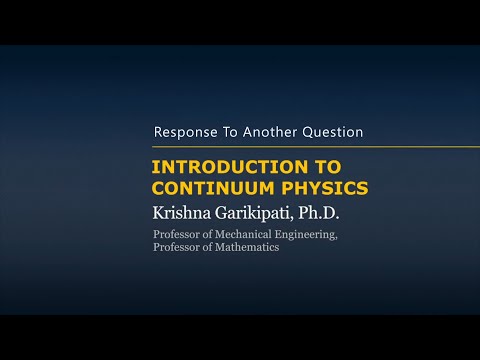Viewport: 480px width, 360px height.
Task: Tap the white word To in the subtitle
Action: tap(233, 132)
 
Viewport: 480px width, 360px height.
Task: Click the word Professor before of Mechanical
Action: tap(176, 235)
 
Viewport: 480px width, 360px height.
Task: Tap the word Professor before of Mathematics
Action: tap(176, 247)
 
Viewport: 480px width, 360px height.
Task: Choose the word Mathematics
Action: tap(247, 247)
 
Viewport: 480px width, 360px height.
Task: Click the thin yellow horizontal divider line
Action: tap(300, 148)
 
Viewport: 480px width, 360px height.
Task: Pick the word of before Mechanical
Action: tap(207, 235)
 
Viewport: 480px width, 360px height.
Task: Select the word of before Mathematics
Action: tap(207, 247)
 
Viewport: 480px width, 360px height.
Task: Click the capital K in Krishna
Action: tap(157, 212)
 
